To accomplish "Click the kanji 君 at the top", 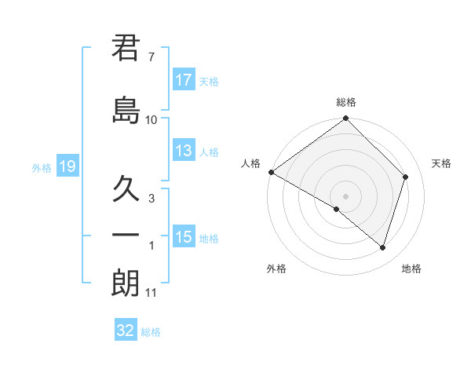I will tap(126, 48).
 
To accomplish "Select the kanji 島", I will tap(126, 109).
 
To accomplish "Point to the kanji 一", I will tap(126, 235).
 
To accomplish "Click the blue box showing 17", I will tap(184, 80).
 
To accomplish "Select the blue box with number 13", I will tap(184, 151).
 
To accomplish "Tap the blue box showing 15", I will tap(184, 237).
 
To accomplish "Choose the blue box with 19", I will tap(67, 166).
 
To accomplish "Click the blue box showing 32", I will tap(126, 331).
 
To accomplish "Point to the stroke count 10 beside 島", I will tap(152, 120).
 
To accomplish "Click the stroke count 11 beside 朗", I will tap(152, 293).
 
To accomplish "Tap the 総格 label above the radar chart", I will tap(346, 102).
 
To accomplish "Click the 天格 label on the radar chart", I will tap(441, 163).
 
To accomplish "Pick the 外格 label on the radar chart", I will tap(276, 269).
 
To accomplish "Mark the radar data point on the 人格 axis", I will tap(271, 172).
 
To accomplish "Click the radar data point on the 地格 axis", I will tap(382, 247).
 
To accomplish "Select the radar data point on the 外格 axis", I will tap(337, 209).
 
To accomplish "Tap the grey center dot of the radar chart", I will tap(346, 195).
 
